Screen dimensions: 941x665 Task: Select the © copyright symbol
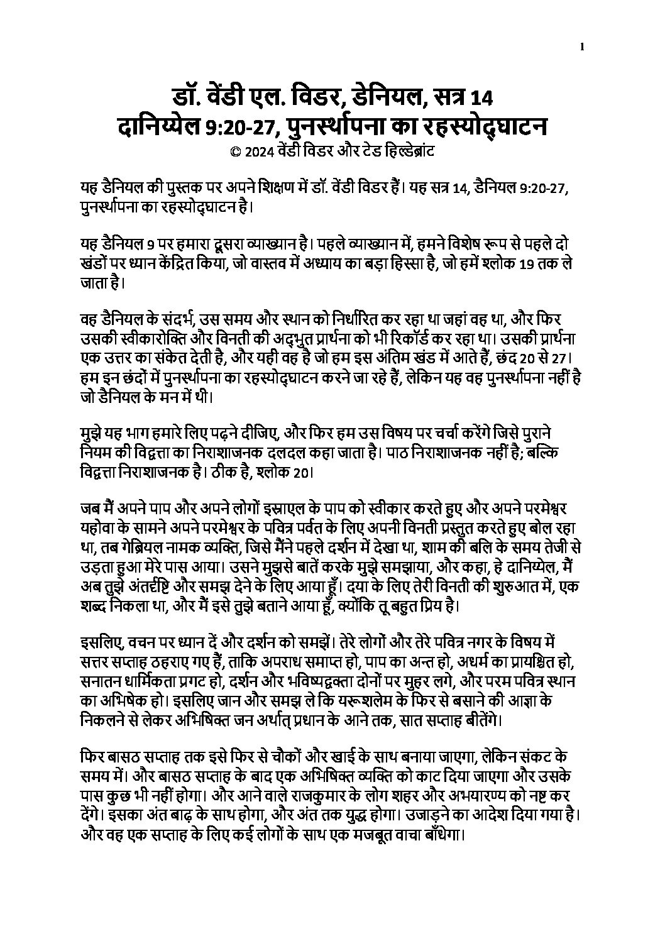[235, 151]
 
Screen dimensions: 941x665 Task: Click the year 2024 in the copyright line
[256, 151]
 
